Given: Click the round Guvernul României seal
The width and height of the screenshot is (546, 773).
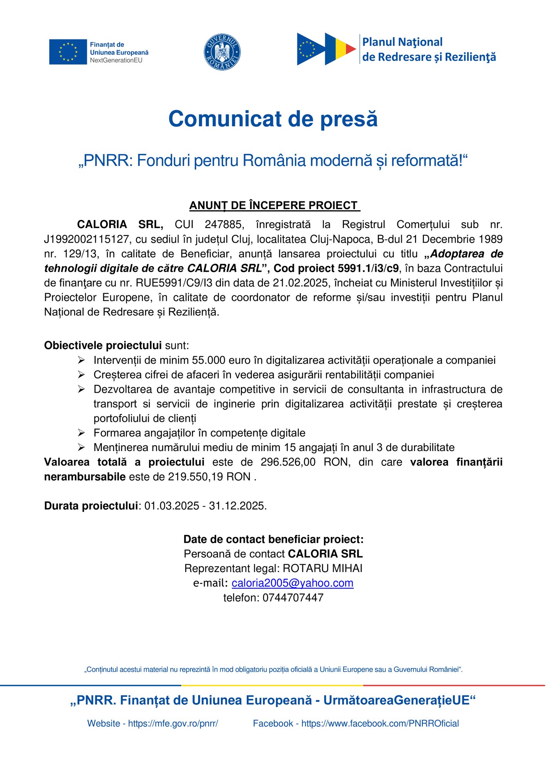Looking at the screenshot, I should pyautogui.click(x=222, y=52).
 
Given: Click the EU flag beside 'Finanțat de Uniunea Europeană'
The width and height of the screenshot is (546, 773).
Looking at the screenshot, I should pyautogui.click(x=68, y=52).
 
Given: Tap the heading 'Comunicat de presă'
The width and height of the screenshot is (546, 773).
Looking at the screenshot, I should pyautogui.click(x=273, y=119).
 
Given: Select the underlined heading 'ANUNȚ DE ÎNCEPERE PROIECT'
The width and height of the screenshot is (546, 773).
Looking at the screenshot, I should pyautogui.click(x=274, y=205).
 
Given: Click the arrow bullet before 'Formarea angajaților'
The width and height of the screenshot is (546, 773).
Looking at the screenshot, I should pyautogui.click(x=81, y=432).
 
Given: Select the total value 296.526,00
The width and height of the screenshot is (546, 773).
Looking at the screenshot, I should pyautogui.click(x=288, y=462).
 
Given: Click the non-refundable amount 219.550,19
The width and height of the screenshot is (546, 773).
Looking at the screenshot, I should pyautogui.click(x=195, y=477).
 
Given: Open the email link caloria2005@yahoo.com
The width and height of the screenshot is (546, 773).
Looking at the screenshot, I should pyautogui.click(x=292, y=583).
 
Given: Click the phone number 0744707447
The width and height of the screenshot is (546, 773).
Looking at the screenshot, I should pyautogui.click(x=293, y=598).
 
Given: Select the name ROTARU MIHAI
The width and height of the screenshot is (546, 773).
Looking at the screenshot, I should pyautogui.click(x=322, y=569).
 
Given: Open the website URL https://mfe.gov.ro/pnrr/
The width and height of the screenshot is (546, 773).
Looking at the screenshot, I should pyautogui.click(x=173, y=724).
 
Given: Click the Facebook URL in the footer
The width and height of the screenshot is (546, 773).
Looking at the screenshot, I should pyautogui.click(x=380, y=724).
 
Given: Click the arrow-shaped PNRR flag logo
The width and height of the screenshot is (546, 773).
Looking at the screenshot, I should pyautogui.click(x=326, y=49).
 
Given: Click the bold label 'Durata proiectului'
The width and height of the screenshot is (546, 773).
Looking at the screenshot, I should pyautogui.click(x=91, y=506).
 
